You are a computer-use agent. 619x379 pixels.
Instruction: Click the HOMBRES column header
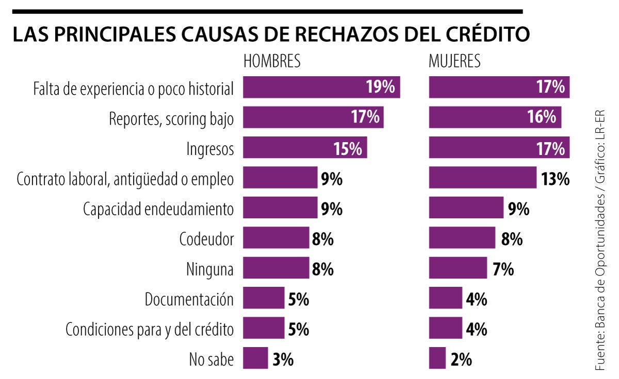tap(271, 61)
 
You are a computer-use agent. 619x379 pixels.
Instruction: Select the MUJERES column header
tap(454, 61)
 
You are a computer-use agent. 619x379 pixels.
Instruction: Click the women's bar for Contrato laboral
tap(482, 178)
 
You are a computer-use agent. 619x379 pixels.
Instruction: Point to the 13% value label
tap(555, 179)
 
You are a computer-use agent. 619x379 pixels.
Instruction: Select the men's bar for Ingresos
tap(304, 148)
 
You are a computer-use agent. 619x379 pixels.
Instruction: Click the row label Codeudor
tap(206, 239)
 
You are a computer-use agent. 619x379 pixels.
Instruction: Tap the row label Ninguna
tap(209, 269)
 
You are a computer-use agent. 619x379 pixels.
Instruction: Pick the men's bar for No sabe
tap(255, 358)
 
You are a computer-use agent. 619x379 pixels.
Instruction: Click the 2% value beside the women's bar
tap(461, 360)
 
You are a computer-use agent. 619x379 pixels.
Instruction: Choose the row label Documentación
tap(189, 299)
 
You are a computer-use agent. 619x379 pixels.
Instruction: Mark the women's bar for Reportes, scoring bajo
tap(495, 117)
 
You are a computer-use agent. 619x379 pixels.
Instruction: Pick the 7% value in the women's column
tap(503, 269)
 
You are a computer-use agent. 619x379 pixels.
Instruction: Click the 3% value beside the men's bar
tap(283, 360)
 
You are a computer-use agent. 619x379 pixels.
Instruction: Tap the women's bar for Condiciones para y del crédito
tap(445, 329)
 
